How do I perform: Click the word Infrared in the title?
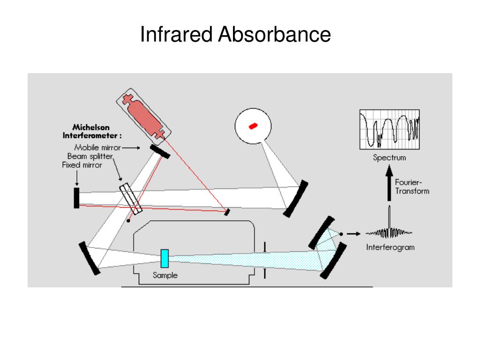pyautogui.click(x=177, y=35)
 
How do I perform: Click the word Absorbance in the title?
pyautogui.click(x=274, y=35)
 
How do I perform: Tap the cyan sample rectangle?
pyautogui.click(x=165, y=259)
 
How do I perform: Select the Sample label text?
pyautogui.click(x=165, y=275)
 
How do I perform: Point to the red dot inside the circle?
pyautogui.click(x=253, y=126)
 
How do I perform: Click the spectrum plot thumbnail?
pyautogui.click(x=389, y=129)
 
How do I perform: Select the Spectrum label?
pyautogui.click(x=389, y=158)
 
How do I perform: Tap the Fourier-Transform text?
pyautogui.click(x=412, y=187)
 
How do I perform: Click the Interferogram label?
pyautogui.click(x=390, y=247)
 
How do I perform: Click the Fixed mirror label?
pyautogui.click(x=82, y=165)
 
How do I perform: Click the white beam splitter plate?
pyautogui.click(x=131, y=199)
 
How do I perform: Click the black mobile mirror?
pyautogui.click(x=160, y=151)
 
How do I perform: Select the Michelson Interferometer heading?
pyautogui.click(x=92, y=131)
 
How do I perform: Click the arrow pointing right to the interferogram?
pyautogui.click(x=353, y=233)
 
